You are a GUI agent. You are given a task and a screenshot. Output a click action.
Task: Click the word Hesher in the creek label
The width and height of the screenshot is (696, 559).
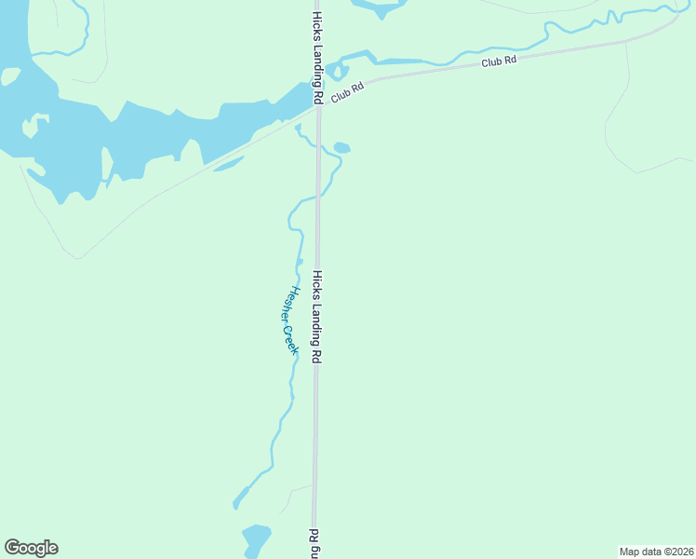[x=288, y=305]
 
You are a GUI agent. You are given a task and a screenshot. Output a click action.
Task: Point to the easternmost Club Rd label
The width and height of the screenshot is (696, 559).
[x=499, y=61]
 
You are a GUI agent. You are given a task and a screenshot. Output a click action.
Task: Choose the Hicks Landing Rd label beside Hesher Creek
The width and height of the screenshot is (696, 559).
[x=316, y=317]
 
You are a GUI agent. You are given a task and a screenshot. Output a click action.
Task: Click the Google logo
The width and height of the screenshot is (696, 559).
[x=31, y=548]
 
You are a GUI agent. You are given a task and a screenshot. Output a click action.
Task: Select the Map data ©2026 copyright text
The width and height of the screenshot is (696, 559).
[x=656, y=551]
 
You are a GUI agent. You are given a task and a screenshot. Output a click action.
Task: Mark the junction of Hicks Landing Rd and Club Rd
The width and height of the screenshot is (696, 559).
[x=317, y=104]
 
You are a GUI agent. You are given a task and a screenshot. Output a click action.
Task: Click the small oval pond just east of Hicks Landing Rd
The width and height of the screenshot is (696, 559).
[x=341, y=147]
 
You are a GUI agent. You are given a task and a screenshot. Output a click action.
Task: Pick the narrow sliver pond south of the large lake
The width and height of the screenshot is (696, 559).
[x=229, y=164]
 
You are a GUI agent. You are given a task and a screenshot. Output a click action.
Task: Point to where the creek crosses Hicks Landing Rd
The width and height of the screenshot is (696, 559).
[x=317, y=197]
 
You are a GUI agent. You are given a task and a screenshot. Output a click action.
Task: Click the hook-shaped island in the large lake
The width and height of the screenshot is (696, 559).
[x=36, y=125]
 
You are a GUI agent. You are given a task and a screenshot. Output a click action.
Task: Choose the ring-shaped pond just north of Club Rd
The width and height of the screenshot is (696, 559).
[x=338, y=71]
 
